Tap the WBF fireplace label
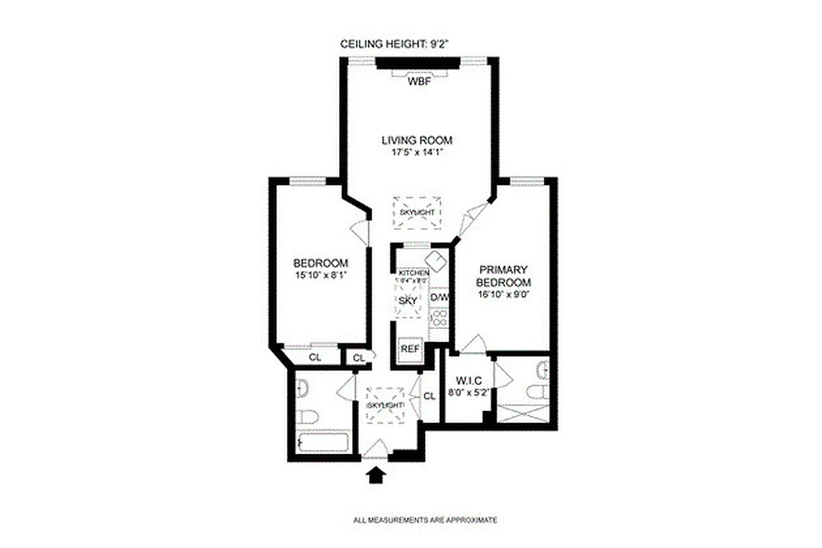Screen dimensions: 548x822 (x=418, y=82)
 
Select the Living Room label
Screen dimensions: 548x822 (x=417, y=140)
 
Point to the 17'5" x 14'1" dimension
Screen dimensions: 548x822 (x=417, y=153)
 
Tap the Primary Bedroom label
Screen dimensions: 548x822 (x=504, y=277)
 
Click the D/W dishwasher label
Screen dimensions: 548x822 (x=438, y=298)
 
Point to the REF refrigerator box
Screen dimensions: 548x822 (x=410, y=349)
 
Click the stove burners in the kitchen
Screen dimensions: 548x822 (x=438, y=319)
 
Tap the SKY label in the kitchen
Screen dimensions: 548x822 (x=408, y=301)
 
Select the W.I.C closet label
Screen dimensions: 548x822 (x=465, y=382)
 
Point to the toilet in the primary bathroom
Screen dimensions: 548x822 (x=536, y=392)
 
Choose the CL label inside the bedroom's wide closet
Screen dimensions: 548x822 (x=314, y=357)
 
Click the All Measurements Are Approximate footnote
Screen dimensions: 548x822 (x=425, y=520)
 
